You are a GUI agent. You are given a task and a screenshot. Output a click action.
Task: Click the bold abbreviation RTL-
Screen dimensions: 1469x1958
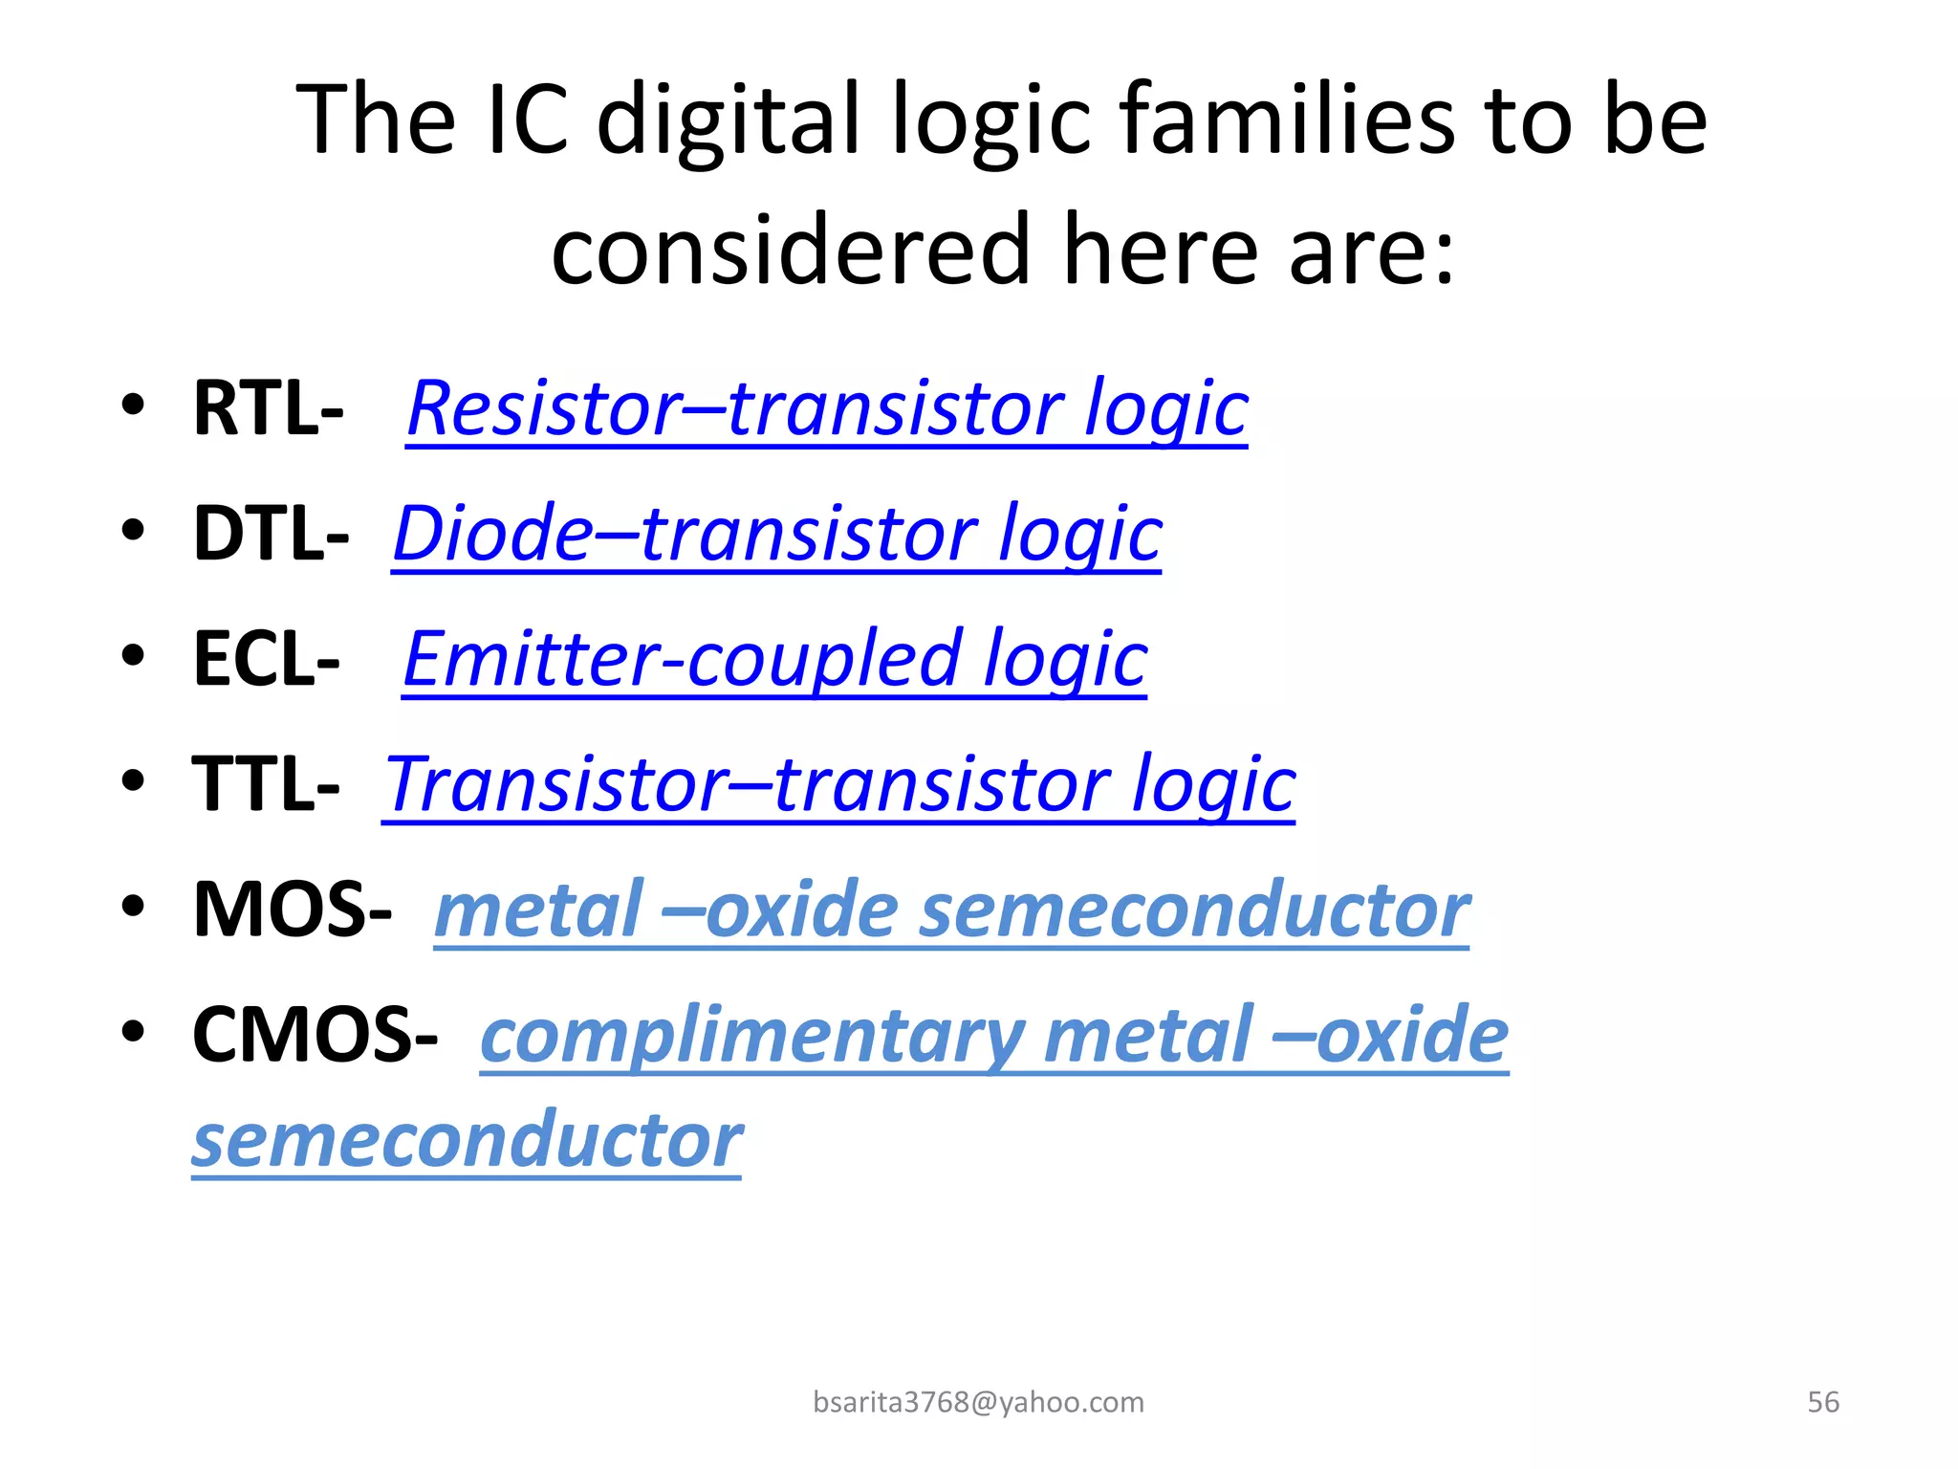tap(268, 409)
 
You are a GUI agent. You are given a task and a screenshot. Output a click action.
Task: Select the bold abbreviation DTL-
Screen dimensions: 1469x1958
tap(271, 535)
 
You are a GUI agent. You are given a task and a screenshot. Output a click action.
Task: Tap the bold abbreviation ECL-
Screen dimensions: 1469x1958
tap(266, 660)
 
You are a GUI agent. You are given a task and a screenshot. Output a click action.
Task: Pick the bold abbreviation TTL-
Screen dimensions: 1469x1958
tap(266, 785)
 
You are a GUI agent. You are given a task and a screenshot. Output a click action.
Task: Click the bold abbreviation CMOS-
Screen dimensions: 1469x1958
tap(315, 1036)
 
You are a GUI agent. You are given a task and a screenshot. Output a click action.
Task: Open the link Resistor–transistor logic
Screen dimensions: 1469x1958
tap(827, 409)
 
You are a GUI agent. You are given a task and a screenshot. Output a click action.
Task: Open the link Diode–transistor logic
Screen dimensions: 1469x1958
tap(776, 535)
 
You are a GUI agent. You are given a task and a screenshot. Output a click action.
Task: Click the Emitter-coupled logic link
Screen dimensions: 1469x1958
tap(774, 660)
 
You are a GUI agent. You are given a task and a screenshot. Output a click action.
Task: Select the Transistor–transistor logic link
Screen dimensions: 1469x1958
tap(838, 785)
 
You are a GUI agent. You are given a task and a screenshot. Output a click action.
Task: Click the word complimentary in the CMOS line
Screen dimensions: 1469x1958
tap(752, 1036)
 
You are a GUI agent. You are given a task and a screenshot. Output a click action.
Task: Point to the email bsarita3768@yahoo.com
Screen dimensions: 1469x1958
tap(978, 1402)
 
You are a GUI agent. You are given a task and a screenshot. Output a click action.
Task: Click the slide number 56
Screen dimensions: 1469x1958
tap(1822, 1402)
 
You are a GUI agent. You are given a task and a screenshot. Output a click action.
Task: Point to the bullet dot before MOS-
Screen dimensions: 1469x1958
tap(133, 906)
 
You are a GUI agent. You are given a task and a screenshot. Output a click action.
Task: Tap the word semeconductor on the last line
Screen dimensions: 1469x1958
tap(467, 1141)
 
